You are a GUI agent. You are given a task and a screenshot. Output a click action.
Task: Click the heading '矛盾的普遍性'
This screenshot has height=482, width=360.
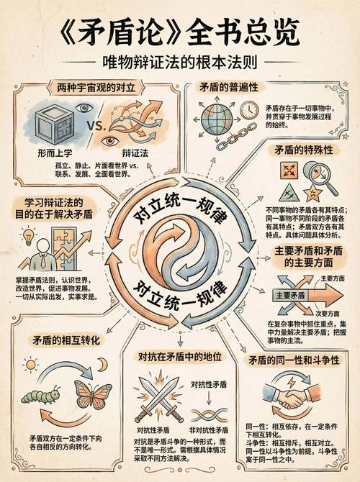pos(229,86)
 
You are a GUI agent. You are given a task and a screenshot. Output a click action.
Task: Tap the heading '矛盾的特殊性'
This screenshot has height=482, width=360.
pos(302,150)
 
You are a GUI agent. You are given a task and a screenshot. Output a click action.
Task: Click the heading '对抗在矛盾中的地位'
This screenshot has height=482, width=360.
pos(179,356)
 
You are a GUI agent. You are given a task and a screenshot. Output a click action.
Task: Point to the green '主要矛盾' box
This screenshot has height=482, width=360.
pos(291,295)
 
